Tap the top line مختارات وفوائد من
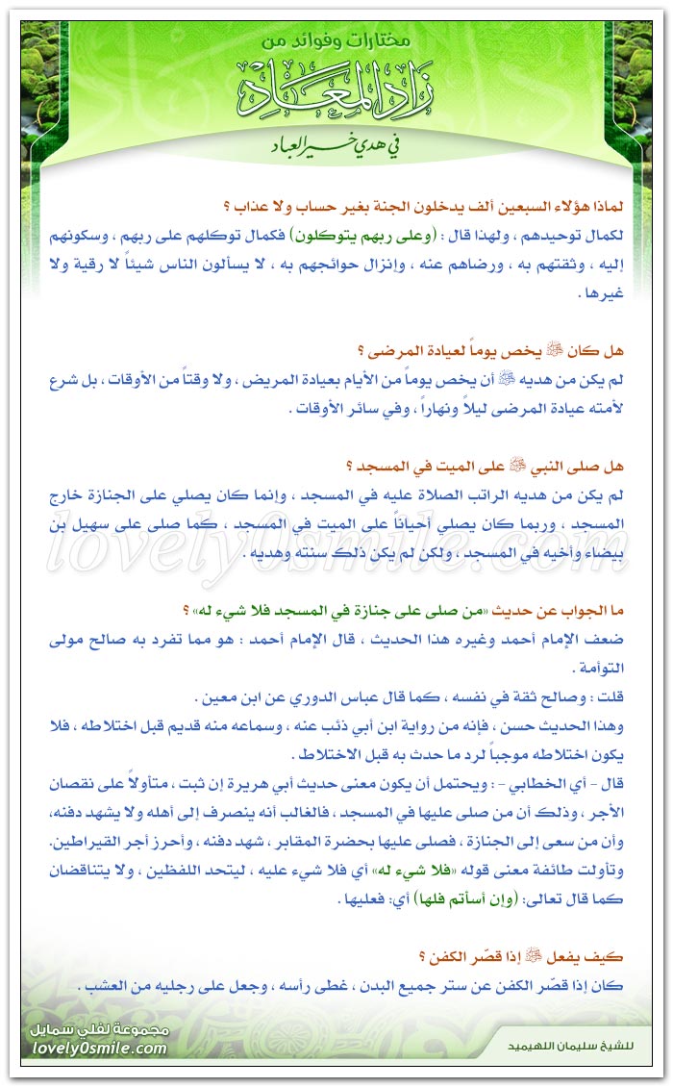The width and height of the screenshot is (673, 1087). [336, 42]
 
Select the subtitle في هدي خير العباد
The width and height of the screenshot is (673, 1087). [336, 148]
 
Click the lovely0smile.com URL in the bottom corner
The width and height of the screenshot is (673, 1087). [96, 1049]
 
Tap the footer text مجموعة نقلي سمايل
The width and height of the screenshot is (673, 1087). [101, 1029]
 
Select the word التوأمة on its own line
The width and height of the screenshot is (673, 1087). [596, 670]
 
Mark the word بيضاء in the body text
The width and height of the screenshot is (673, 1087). [601, 556]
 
